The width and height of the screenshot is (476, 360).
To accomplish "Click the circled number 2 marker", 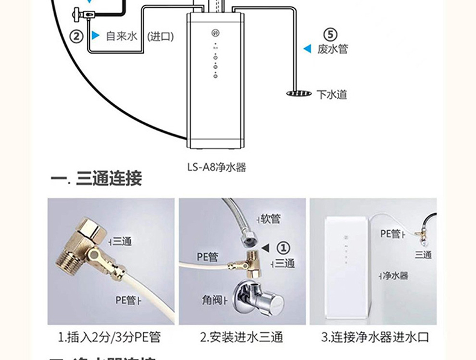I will (x=77, y=36).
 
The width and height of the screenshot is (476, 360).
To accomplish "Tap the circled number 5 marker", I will (x=331, y=34).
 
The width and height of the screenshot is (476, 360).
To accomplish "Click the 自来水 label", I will (x=122, y=37).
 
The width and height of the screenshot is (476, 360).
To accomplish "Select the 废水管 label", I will (x=333, y=49).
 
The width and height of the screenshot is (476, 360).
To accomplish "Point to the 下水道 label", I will (x=332, y=95).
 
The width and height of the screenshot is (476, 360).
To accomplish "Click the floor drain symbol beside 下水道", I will (x=298, y=94).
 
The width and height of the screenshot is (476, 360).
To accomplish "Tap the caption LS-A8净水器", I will (x=217, y=168).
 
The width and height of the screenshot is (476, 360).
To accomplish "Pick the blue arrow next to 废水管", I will (x=307, y=49).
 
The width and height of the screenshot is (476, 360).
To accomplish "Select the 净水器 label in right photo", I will (x=396, y=275).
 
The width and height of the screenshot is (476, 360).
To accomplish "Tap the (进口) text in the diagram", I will (x=160, y=37).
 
